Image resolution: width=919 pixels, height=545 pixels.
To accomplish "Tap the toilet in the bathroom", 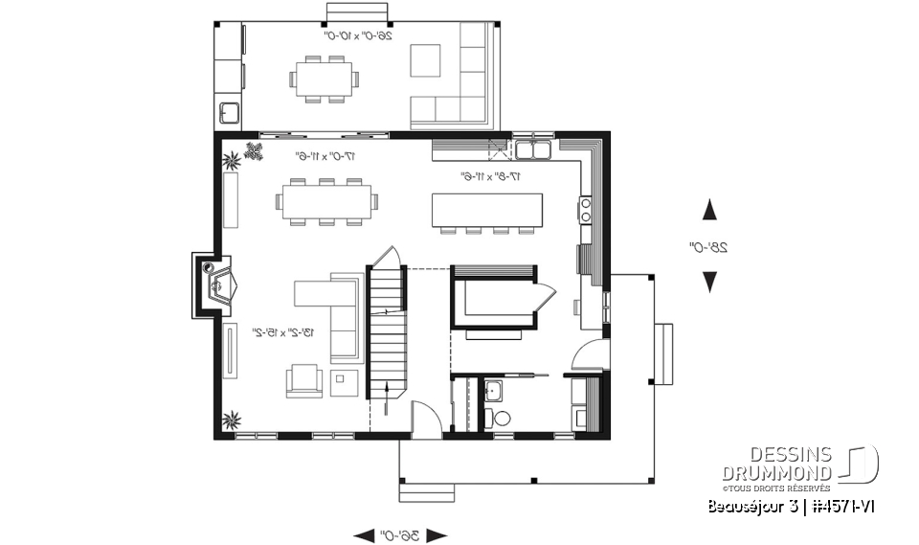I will [x=492, y=418].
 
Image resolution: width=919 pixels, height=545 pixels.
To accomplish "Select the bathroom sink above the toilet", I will [x=493, y=390].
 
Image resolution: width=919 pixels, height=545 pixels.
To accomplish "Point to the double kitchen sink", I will [x=531, y=149].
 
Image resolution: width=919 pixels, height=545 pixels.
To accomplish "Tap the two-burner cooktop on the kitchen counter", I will [x=585, y=209].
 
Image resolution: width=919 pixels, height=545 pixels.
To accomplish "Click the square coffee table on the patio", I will [x=426, y=60].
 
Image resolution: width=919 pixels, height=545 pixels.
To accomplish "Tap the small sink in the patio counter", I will [x=230, y=113].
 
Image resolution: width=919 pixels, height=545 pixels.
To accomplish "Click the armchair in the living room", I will [x=304, y=380].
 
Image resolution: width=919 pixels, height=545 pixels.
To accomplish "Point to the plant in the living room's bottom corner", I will [x=231, y=418].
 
